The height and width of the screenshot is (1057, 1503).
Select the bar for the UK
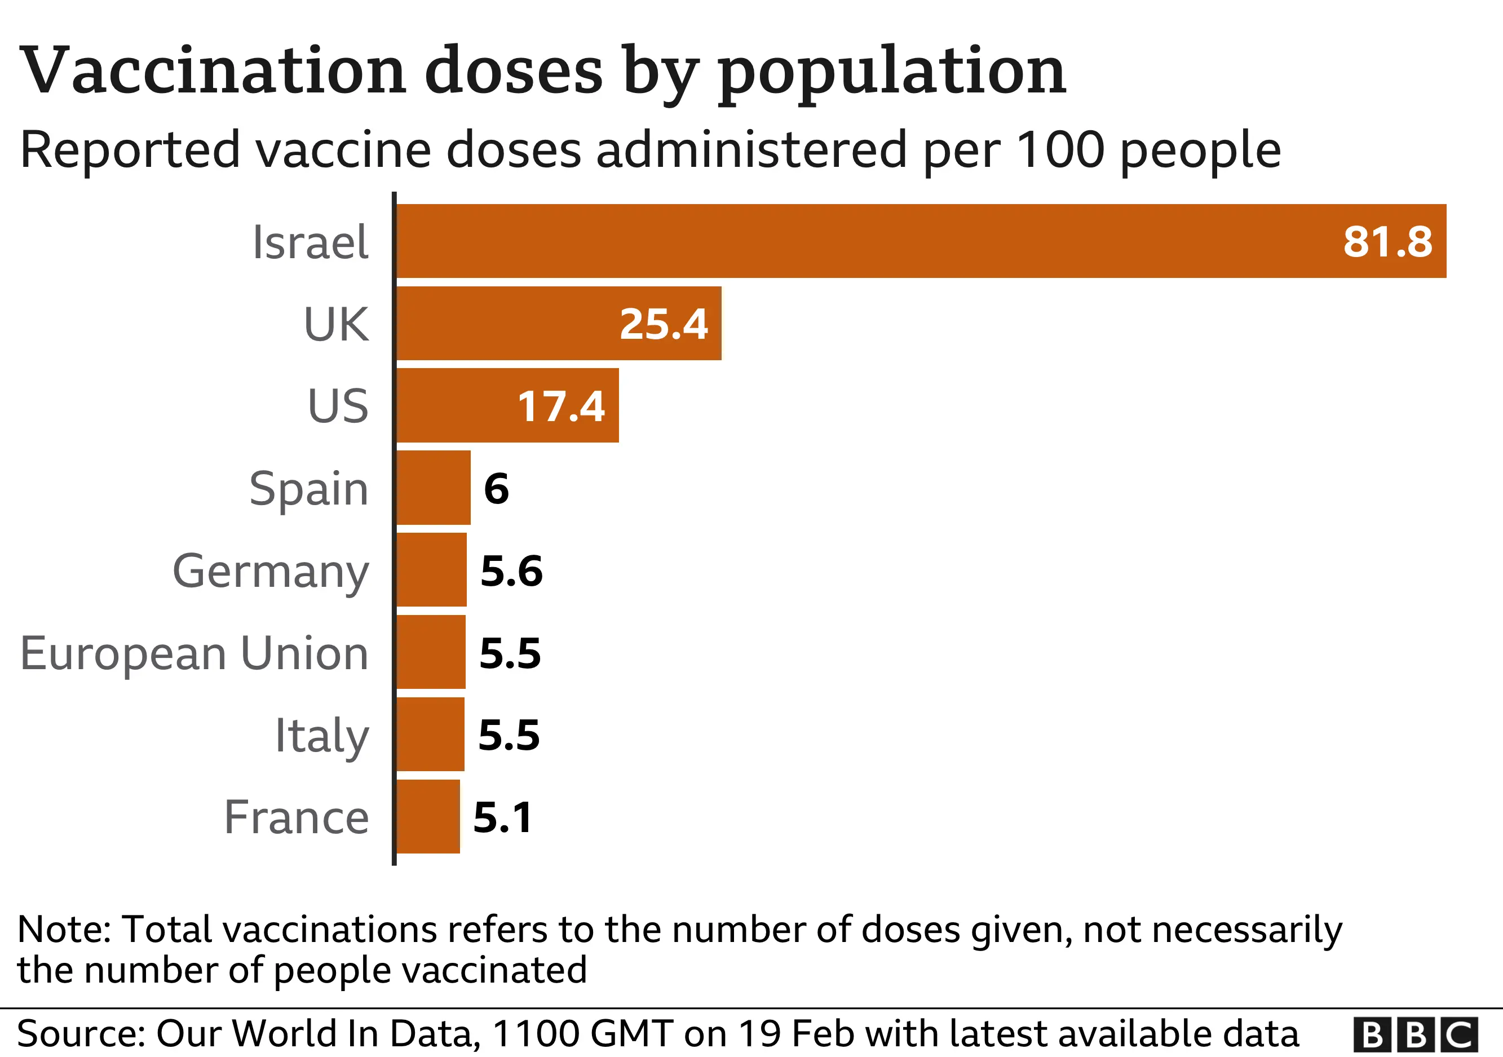(x=558, y=324)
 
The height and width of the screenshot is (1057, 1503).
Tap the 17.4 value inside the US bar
(x=561, y=406)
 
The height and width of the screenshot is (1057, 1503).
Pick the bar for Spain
(x=434, y=488)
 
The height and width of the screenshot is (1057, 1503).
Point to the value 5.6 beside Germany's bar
(x=511, y=570)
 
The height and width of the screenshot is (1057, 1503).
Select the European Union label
(x=194, y=653)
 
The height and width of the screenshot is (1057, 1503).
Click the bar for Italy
(x=430, y=735)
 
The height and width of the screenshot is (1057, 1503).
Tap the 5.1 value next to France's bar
(x=502, y=817)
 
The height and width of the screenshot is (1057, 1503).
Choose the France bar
(x=428, y=817)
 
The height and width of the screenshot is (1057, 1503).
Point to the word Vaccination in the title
(x=213, y=70)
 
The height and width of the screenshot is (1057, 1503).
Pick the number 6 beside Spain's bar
(x=496, y=488)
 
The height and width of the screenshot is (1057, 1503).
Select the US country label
(x=338, y=406)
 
